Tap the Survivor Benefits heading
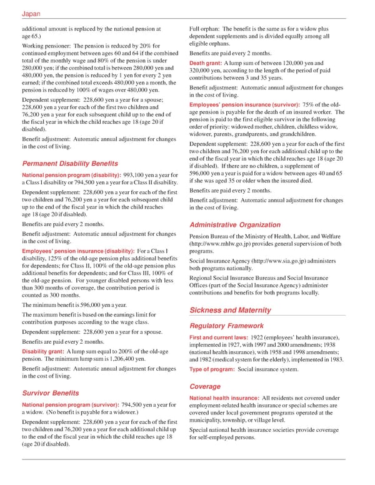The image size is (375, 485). (x=50, y=393)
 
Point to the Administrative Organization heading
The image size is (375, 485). (x=235, y=224)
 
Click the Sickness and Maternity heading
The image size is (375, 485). (x=229, y=310)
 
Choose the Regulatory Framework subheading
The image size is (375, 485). (x=227, y=325)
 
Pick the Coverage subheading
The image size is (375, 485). (x=205, y=386)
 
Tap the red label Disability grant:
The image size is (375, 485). (x=42, y=352)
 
